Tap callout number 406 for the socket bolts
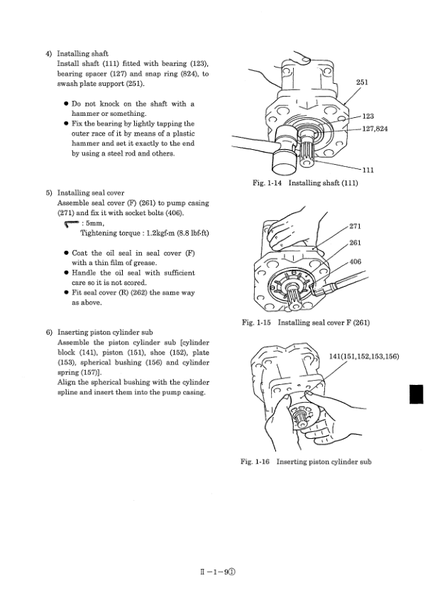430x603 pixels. pyautogui.click(x=357, y=261)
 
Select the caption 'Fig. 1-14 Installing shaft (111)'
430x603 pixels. pyautogui.click(x=306, y=183)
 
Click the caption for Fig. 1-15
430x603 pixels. pyautogui.click(x=307, y=324)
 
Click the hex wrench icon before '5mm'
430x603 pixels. pyautogui.click(x=70, y=222)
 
